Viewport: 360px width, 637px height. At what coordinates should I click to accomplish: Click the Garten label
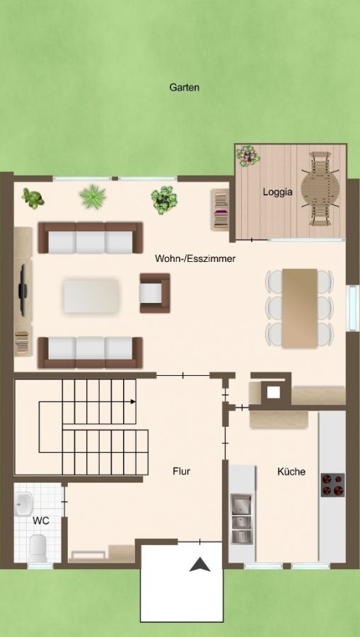pyautogui.click(x=184, y=87)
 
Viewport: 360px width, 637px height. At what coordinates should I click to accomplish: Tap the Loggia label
pyautogui.click(x=278, y=192)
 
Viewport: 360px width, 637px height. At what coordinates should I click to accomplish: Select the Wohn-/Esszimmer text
pyautogui.click(x=195, y=258)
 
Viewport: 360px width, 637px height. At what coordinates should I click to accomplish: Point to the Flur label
pyautogui.click(x=182, y=471)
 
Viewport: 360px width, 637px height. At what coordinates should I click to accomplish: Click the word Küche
pyautogui.click(x=291, y=471)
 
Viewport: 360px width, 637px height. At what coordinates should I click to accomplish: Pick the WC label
pyautogui.click(x=41, y=520)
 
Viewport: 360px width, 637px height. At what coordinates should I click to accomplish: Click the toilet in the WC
pyautogui.click(x=37, y=548)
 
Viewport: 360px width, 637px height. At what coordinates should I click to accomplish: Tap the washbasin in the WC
pyautogui.click(x=24, y=503)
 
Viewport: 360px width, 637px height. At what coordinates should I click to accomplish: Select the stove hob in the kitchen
pyautogui.click(x=333, y=485)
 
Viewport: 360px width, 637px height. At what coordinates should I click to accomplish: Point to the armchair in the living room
pyautogui.click(x=155, y=293)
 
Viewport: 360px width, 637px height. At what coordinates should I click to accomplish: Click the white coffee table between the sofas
pyautogui.click(x=92, y=295)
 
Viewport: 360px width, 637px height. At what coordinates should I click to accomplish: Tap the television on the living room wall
pyautogui.click(x=23, y=290)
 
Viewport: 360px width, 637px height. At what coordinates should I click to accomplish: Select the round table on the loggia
pyautogui.click(x=320, y=189)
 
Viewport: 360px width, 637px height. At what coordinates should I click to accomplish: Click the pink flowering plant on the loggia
pyautogui.click(x=248, y=155)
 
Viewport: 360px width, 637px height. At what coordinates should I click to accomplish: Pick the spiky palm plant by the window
pyautogui.click(x=93, y=196)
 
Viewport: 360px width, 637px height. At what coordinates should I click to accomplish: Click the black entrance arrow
pyautogui.click(x=199, y=565)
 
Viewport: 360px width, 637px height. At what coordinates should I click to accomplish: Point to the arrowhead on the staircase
pyautogui.click(x=133, y=402)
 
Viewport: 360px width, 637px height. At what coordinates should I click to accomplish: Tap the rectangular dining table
pyautogui.click(x=299, y=308)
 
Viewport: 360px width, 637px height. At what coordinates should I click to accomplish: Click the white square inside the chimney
pyautogui.click(x=273, y=392)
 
